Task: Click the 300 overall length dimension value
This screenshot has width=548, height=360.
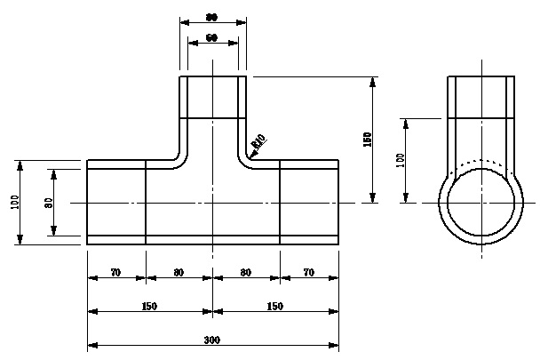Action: [x=212, y=340]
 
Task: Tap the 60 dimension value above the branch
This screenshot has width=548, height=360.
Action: [x=212, y=38]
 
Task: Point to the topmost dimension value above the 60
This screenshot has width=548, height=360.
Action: [x=212, y=17]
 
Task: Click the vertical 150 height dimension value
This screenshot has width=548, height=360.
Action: [x=368, y=139]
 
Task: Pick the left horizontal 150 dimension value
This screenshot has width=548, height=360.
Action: [x=149, y=307]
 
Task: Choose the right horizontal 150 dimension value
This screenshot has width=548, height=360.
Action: [x=275, y=307]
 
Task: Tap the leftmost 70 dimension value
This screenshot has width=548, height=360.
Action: [x=115, y=273]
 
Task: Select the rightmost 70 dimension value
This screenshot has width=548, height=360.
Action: [x=308, y=273]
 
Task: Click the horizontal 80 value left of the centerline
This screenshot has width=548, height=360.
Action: [x=179, y=273]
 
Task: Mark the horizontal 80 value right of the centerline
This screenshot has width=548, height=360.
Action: [x=246, y=273]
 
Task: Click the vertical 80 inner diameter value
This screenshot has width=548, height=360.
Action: [x=49, y=203]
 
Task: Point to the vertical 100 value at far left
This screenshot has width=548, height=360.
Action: [x=15, y=203]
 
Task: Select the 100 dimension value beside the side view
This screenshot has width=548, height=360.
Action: [x=401, y=160]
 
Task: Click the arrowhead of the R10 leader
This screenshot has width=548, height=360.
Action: [x=249, y=156]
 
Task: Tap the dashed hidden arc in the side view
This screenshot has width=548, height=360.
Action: [x=480, y=162]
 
